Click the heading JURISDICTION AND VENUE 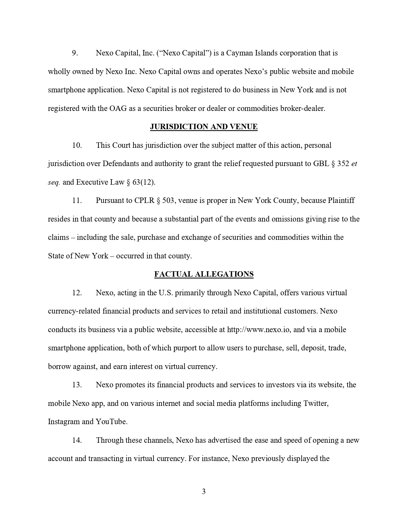[204, 127]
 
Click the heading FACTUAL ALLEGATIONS [204, 274]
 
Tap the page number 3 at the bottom [204, 491]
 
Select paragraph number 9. [75, 53]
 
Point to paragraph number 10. [77, 145]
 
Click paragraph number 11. [77, 200]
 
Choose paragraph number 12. [77, 293]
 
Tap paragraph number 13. [77, 385]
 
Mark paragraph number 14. [77, 440]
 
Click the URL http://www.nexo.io [259, 330]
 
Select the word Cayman [239, 53]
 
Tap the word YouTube [111, 422]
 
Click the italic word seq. [54, 182]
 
